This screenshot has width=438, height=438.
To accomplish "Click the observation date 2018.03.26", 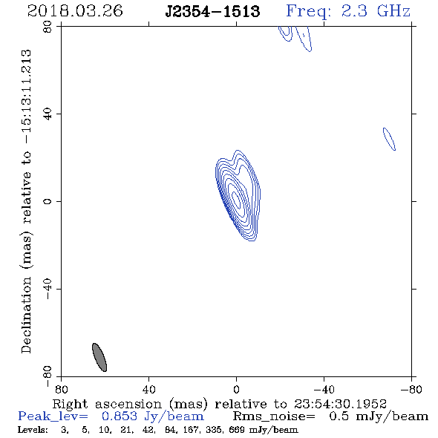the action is (x=75, y=11).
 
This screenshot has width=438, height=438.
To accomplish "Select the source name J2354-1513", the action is (x=212, y=12).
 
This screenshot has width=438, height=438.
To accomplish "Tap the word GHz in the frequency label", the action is (x=393, y=11).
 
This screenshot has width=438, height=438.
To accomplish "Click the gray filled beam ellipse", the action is (x=99, y=357).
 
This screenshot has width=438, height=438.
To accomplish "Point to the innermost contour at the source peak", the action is (x=237, y=199).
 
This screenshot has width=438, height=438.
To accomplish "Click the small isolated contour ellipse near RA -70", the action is (x=389, y=139).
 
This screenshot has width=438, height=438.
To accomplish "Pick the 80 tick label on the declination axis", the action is (x=48, y=27).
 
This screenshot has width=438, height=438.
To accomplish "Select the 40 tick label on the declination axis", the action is (x=48, y=114).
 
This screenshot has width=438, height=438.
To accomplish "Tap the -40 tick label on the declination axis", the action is (x=48, y=289).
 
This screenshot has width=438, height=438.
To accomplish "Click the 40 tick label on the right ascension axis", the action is (x=148, y=389).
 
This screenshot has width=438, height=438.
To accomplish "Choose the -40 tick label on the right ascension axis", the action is (x=324, y=389).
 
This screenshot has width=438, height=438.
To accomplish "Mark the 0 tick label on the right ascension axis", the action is (x=236, y=389).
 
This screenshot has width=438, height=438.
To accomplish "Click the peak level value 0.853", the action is (x=120, y=416).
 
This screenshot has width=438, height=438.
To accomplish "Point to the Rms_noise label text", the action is (x=274, y=416).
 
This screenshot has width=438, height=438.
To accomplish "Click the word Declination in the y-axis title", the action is (x=26, y=315).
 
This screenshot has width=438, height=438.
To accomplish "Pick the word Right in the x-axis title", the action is (x=70, y=404).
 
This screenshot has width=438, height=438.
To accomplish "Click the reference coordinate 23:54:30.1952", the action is (x=340, y=404).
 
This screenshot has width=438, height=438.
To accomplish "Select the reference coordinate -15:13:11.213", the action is (x=26, y=97).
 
